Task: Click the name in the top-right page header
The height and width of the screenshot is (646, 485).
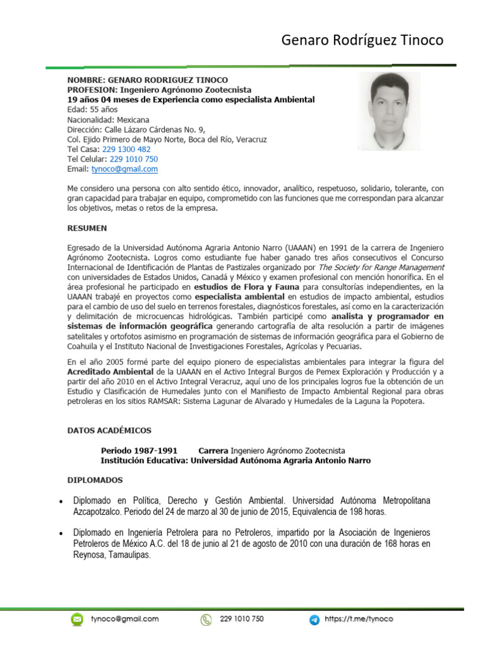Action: coord(362,41)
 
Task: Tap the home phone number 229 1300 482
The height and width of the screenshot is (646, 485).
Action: coord(126,150)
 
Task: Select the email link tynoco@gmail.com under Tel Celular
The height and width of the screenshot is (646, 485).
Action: coord(124,169)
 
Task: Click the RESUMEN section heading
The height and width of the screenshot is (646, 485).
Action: coord(87,228)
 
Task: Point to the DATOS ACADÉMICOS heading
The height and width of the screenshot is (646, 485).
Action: coord(109,430)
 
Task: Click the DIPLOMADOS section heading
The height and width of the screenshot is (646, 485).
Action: coord(95,479)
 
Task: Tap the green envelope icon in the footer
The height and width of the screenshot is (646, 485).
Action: coord(77,619)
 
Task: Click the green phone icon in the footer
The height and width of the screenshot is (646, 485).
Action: coord(206,620)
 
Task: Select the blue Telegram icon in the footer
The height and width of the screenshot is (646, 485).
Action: coord(314,620)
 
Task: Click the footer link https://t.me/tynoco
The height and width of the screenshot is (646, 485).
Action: coord(359,620)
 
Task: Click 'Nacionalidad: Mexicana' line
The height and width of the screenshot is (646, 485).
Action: coord(108,119)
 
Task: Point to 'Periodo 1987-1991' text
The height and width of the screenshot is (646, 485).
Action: coord(139,451)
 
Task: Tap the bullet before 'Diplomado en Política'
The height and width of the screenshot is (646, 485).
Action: coord(60,502)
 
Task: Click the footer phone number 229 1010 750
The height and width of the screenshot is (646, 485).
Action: coord(242,620)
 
